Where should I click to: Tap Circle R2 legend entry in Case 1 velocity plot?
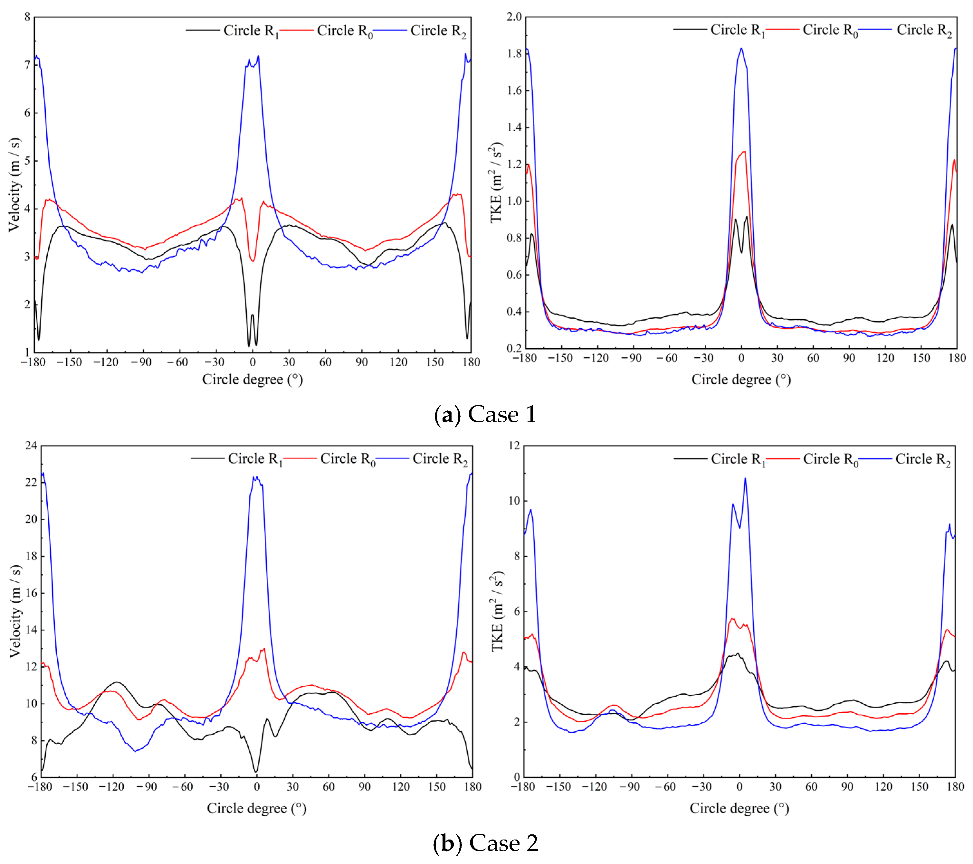[437, 31]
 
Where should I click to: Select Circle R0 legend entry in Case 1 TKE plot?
[830, 30]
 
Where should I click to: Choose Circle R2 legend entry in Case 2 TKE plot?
[922, 460]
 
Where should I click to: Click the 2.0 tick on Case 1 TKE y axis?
[514, 17]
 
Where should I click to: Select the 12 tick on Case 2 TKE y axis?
[514, 446]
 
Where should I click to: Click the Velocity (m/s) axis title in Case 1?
[15, 184]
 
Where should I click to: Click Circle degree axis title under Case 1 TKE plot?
[741, 380]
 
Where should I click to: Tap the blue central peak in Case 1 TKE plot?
[741, 49]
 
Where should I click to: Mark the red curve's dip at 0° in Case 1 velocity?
[253, 261]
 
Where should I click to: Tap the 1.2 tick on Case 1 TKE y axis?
[514, 164]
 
